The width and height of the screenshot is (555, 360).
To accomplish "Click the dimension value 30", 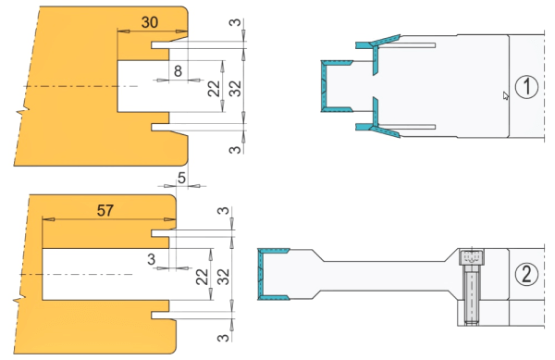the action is pos(149,22).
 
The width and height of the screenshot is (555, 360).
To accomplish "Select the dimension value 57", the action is pos(105,211).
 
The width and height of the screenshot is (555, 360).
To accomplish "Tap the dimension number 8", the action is pos(178,71).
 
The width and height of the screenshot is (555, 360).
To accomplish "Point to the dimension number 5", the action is pos(181,178).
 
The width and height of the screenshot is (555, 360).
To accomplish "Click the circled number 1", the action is pos(526,87).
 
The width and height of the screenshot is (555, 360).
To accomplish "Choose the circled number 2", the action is pos(526,274).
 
